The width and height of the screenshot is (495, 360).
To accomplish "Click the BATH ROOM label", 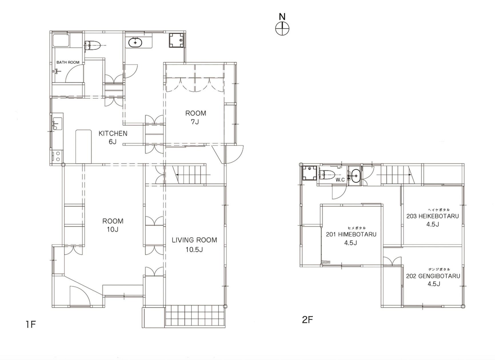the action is click(x=68, y=62).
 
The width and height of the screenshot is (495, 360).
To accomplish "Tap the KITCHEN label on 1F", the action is click(x=113, y=133).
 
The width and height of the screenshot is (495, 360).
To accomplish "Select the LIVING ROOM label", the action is click(x=194, y=240).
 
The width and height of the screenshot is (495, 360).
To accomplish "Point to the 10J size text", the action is click(x=113, y=229).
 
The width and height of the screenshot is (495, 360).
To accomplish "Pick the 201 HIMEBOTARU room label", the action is click(x=351, y=234).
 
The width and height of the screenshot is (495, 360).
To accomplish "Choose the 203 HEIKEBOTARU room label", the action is click(x=432, y=216).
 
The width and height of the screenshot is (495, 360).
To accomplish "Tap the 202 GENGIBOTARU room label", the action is click(x=433, y=276).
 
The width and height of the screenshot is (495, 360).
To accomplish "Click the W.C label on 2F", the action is click(x=340, y=180).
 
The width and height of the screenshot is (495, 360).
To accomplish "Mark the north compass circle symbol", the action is click(x=282, y=29).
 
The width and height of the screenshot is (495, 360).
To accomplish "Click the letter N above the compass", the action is click(x=282, y=17).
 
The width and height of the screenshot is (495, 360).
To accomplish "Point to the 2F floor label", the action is click(x=308, y=319).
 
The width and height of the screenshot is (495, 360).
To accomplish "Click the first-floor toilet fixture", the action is click(x=92, y=46).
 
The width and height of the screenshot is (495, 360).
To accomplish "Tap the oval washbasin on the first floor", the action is click(x=135, y=43).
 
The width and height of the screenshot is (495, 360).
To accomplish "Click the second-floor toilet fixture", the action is click(x=327, y=174).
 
